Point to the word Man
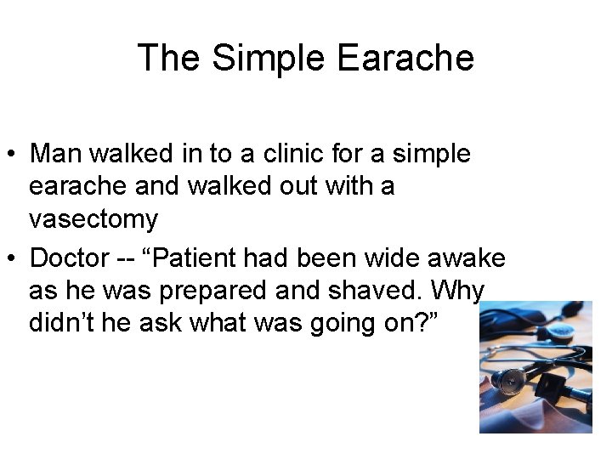56,155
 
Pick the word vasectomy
93,220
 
